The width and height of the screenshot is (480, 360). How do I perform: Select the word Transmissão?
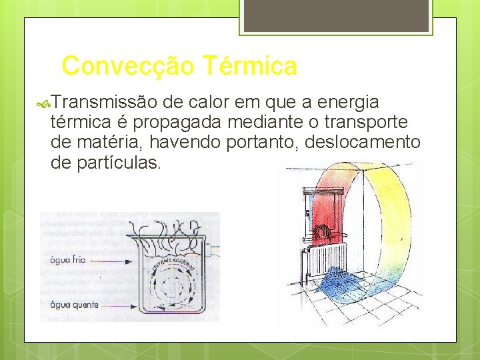coord(103,103)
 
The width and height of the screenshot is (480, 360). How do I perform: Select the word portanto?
coord(250,143)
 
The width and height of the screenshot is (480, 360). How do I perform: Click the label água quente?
coord(74,305)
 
